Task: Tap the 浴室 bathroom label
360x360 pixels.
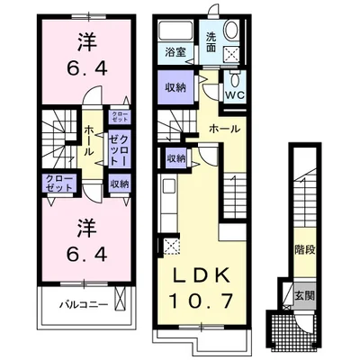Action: point(175,53)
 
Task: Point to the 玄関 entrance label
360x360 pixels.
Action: point(304,294)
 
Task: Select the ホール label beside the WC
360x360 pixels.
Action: point(224,129)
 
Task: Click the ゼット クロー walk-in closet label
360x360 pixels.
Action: point(120,147)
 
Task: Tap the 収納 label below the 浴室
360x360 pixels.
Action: point(175,88)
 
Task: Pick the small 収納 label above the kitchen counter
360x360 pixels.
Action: point(175,158)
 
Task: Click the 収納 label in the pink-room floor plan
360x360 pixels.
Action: point(119,184)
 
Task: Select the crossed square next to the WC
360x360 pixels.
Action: point(232,56)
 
